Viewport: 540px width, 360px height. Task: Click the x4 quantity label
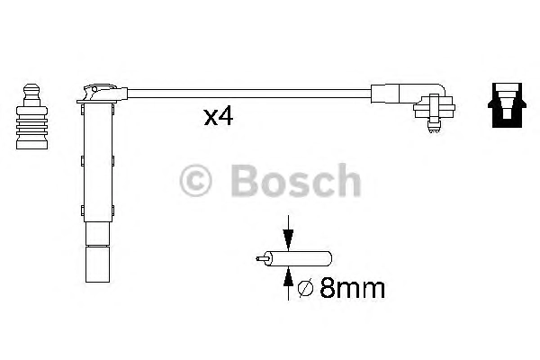click(219, 117)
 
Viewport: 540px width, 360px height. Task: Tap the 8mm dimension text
click(352, 288)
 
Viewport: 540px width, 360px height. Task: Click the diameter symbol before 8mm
click(305, 289)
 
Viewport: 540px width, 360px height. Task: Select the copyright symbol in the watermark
click(195, 181)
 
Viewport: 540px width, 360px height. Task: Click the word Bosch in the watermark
click(296, 180)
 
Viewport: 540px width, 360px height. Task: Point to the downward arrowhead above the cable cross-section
click(288, 239)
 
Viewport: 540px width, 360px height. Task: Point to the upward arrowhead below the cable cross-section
click(288, 276)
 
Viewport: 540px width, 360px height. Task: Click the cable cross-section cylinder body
click(301, 258)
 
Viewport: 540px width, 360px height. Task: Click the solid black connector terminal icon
click(507, 105)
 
